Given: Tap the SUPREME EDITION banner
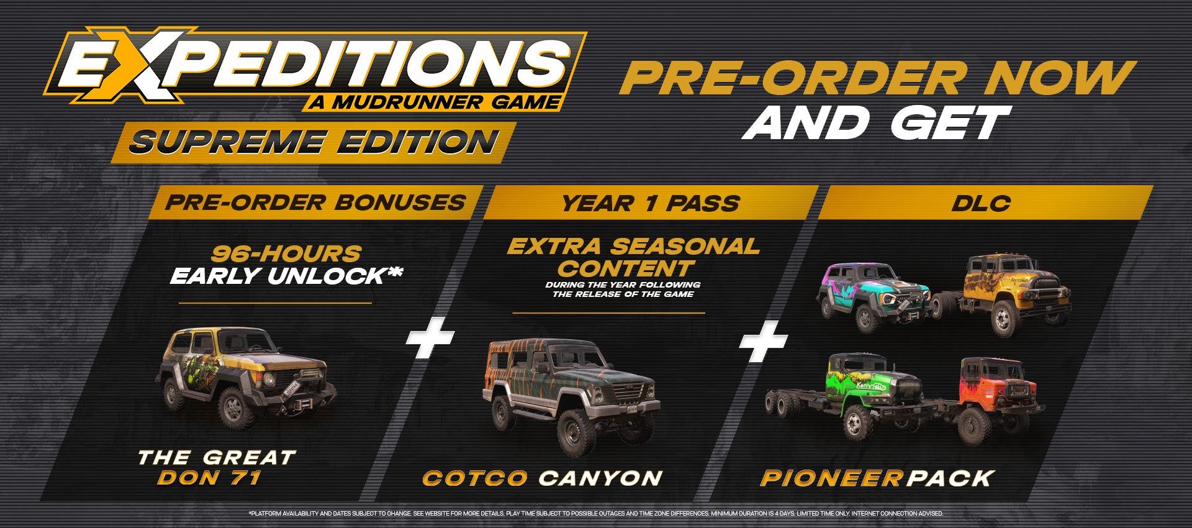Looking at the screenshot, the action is click(x=314, y=143).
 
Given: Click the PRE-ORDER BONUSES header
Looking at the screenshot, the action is click(x=315, y=203).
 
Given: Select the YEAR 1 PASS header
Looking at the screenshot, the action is click(x=651, y=203).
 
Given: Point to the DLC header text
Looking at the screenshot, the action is click(x=981, y=203).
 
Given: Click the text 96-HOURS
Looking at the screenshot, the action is click(x=286, y=253).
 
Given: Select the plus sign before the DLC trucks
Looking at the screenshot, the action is click(x=763, y=341).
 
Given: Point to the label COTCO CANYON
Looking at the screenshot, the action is click(x=542, y=478).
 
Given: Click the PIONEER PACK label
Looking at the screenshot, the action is click(x=877, y=478).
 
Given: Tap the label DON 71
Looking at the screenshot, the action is click(x=209, y=477).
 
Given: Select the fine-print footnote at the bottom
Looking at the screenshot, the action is click(x=595, y=514).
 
